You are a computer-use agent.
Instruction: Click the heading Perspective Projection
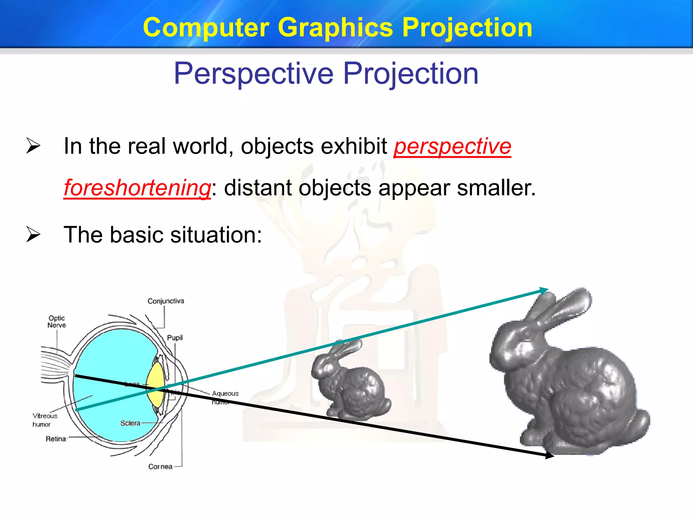[326, 73]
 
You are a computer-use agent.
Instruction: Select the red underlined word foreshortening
[137, 188]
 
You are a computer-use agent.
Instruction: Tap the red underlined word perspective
[452, 146]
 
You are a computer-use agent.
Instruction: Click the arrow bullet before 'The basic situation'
[33, 235]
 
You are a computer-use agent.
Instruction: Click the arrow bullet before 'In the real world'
[33, 146]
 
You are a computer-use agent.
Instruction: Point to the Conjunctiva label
[165, 301]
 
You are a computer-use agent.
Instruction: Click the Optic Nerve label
[57, 322]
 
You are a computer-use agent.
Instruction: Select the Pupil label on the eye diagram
[175, 338]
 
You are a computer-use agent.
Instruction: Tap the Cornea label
[160, 467]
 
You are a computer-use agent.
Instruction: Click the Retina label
[56, 439]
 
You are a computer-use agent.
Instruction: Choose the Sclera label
[130, 423]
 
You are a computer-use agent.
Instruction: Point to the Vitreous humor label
[44, 420]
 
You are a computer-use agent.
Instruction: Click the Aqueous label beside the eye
[225, 393]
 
